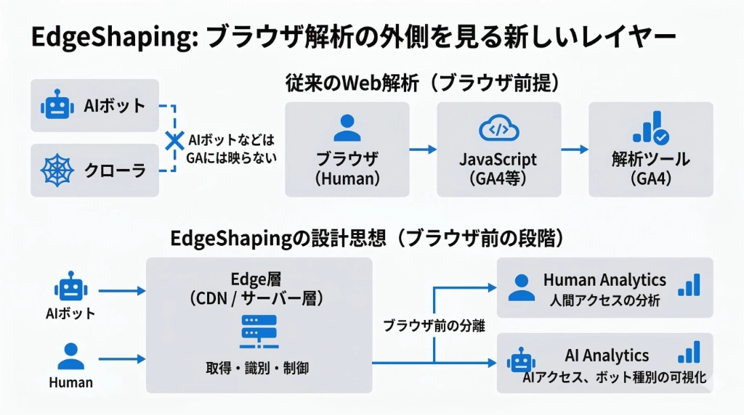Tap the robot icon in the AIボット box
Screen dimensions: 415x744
click(57, 106)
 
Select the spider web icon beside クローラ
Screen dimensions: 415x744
click(57, 171)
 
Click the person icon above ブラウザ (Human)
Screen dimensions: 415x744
click(347, 129)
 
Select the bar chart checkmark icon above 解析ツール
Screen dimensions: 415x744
click(650, 129)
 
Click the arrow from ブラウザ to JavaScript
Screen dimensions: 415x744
click(423, 149)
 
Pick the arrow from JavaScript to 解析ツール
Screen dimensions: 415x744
click(575, 149)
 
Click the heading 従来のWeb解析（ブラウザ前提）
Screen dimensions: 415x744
click(422, 83)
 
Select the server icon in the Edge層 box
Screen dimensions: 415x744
click(259, 330)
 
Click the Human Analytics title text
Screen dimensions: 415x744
click(604, 279)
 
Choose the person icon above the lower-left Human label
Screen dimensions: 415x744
click(70, 356)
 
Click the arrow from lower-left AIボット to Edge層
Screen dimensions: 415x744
click(121, 291)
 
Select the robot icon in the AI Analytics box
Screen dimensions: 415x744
click(521, 360)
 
